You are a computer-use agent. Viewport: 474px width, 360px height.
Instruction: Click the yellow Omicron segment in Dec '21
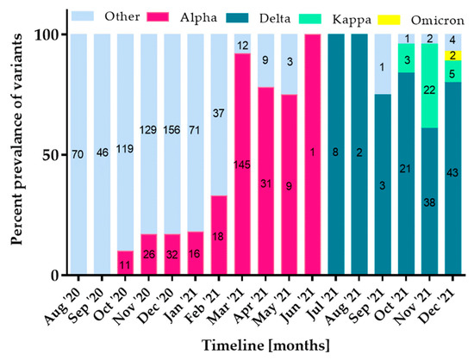[452, 55]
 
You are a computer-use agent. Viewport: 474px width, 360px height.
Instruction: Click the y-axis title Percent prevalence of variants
[16, 155]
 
